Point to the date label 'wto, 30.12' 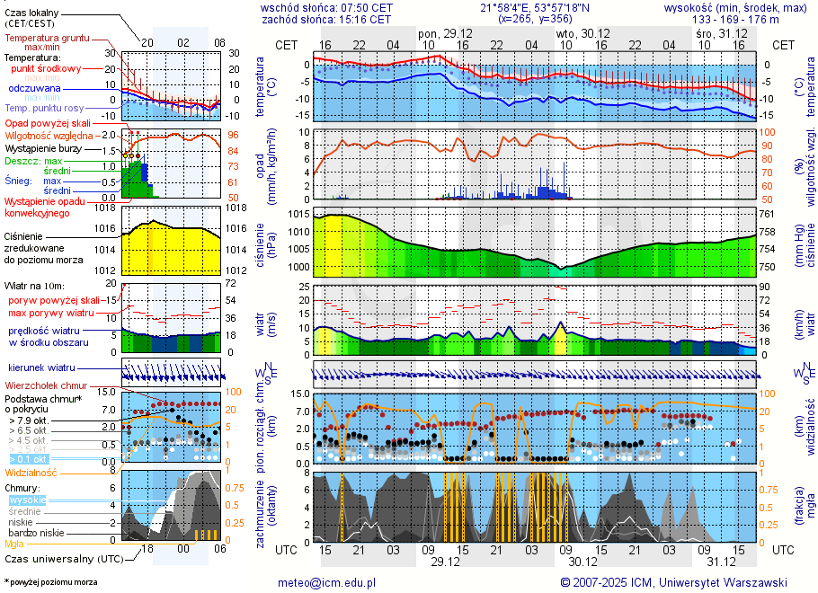(x=578, y=32)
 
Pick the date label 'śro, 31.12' (x=716, y=32)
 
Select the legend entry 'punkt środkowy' (x=46, y=68)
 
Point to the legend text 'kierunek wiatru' (x=41, y=367)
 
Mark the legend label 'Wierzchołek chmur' (x=45, y=385)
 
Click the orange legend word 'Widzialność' (x=31, y=472)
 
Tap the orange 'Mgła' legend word (x=14, y=544)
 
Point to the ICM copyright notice (x=673, y=582)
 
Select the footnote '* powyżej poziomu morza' (x=51, y=582)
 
